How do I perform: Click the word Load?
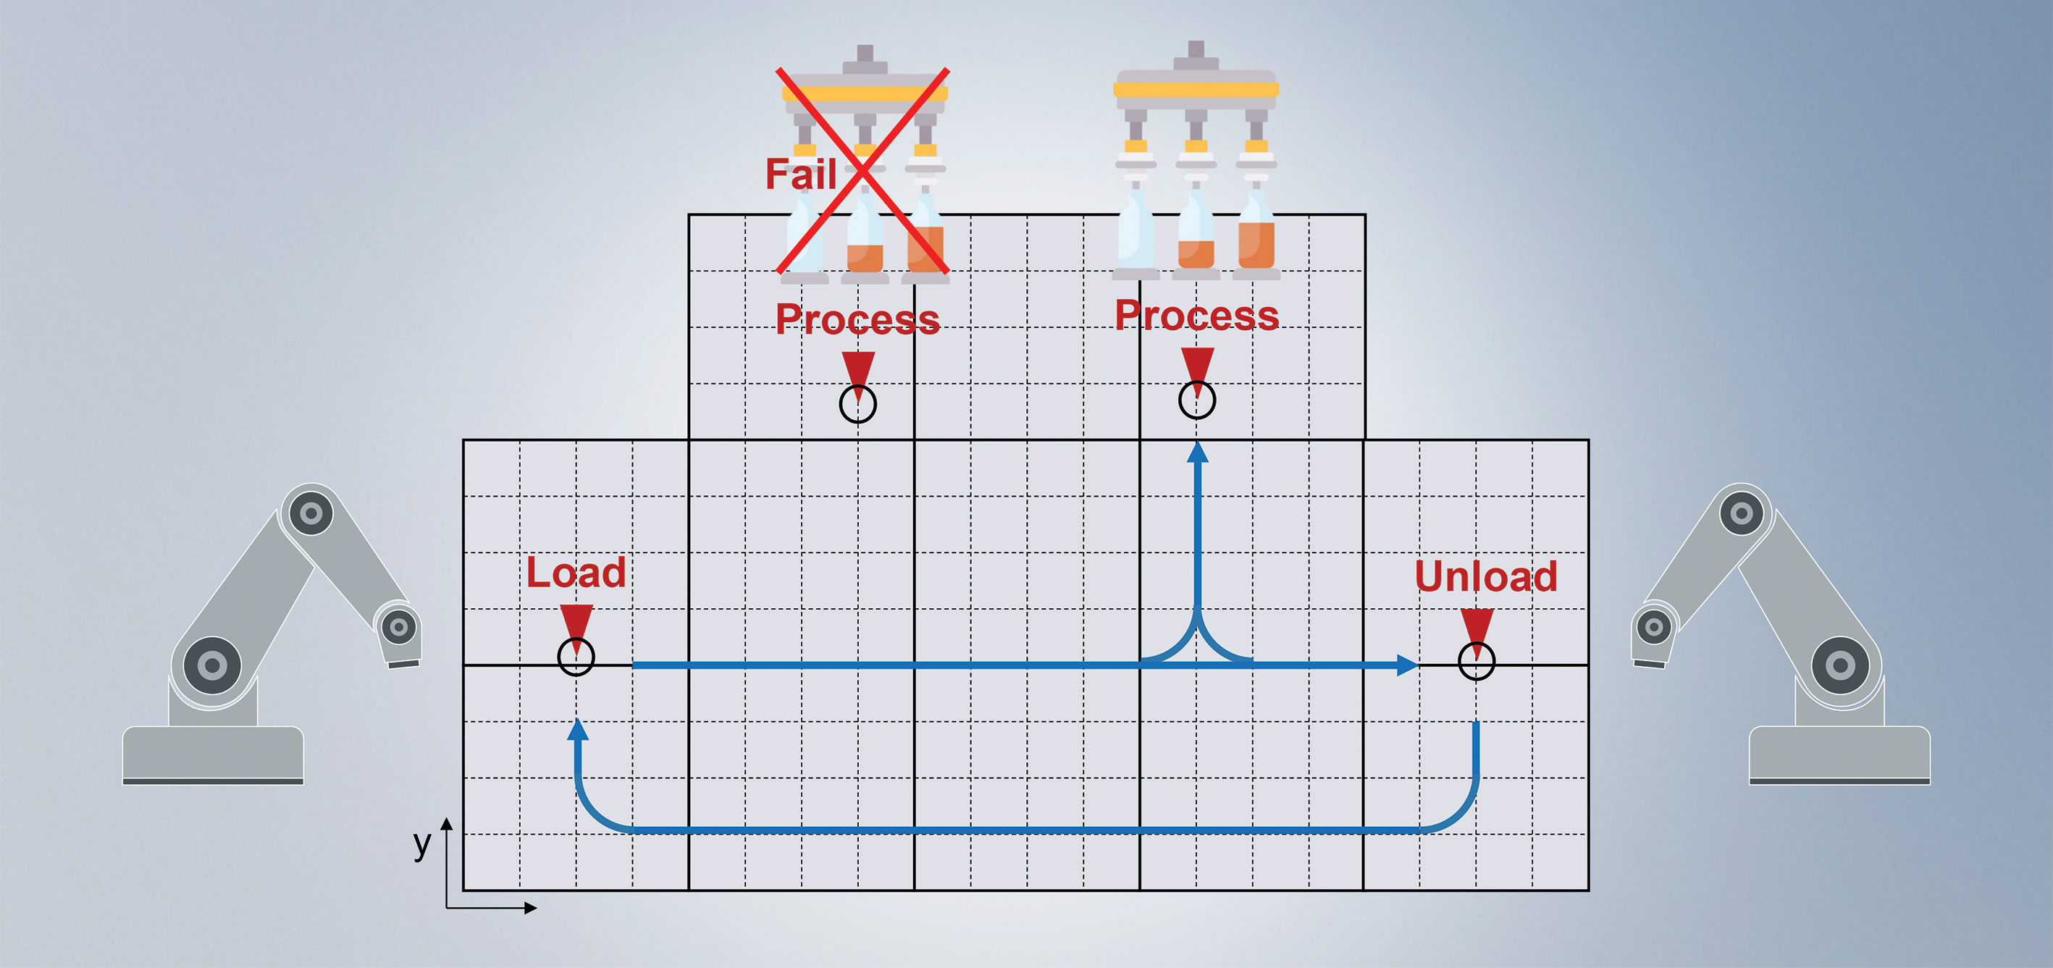[576, 572]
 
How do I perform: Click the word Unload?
[1485, 576]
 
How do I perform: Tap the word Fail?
[800, 174]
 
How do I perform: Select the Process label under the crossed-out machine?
[857, 319]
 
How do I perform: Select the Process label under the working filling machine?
[1197, 315]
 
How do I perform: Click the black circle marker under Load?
[576, 657]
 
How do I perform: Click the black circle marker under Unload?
[1476, 661]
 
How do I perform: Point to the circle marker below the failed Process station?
[857, 404]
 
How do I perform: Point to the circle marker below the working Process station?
[1197, 400]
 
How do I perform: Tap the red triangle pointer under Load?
[576, 621]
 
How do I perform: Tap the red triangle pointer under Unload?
[1477, 626]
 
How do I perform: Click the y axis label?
[422, 842]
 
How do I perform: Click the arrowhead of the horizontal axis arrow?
[530, 907]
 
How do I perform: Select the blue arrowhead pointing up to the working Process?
[1197, 453]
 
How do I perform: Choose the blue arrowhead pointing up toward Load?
[578, 729]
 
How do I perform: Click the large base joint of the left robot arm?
[212, 665]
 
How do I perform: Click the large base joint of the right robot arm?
[1840, 665]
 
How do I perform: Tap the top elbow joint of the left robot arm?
[311, 513]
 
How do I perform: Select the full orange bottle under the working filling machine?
[1256, 239]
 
